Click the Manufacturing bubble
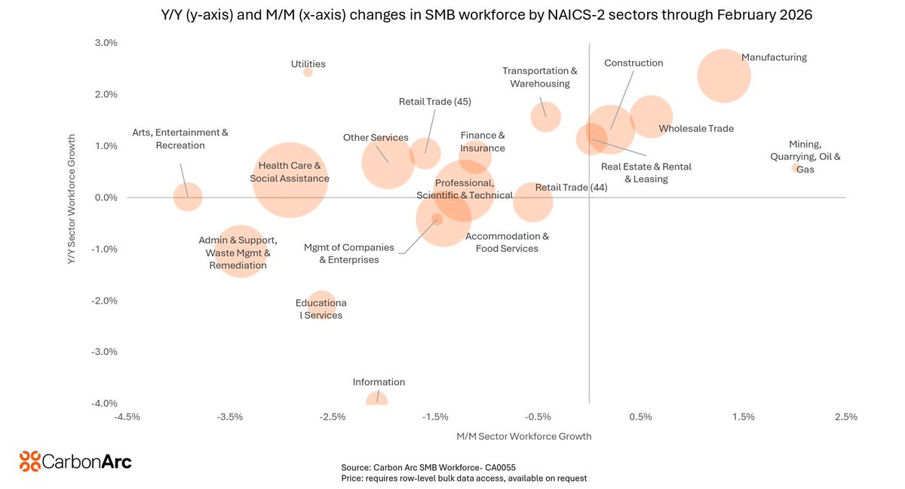tap(723, 75)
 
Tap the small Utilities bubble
tap(308, 72)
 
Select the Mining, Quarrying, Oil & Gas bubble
tap(795, 168)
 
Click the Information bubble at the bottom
tap(377, 400)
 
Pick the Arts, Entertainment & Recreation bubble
tap(187, 197)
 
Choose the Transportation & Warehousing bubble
tap(545, 117)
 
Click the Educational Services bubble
tap(321, 305)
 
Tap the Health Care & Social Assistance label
tap(290, 172)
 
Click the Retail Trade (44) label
tap(571, 188)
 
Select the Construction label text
tap(633, 63)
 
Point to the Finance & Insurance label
tap(483, 142)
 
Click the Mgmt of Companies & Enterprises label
tap(348, 253)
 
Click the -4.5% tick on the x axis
tap(127, 417)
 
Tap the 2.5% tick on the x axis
tap(845, 417)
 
